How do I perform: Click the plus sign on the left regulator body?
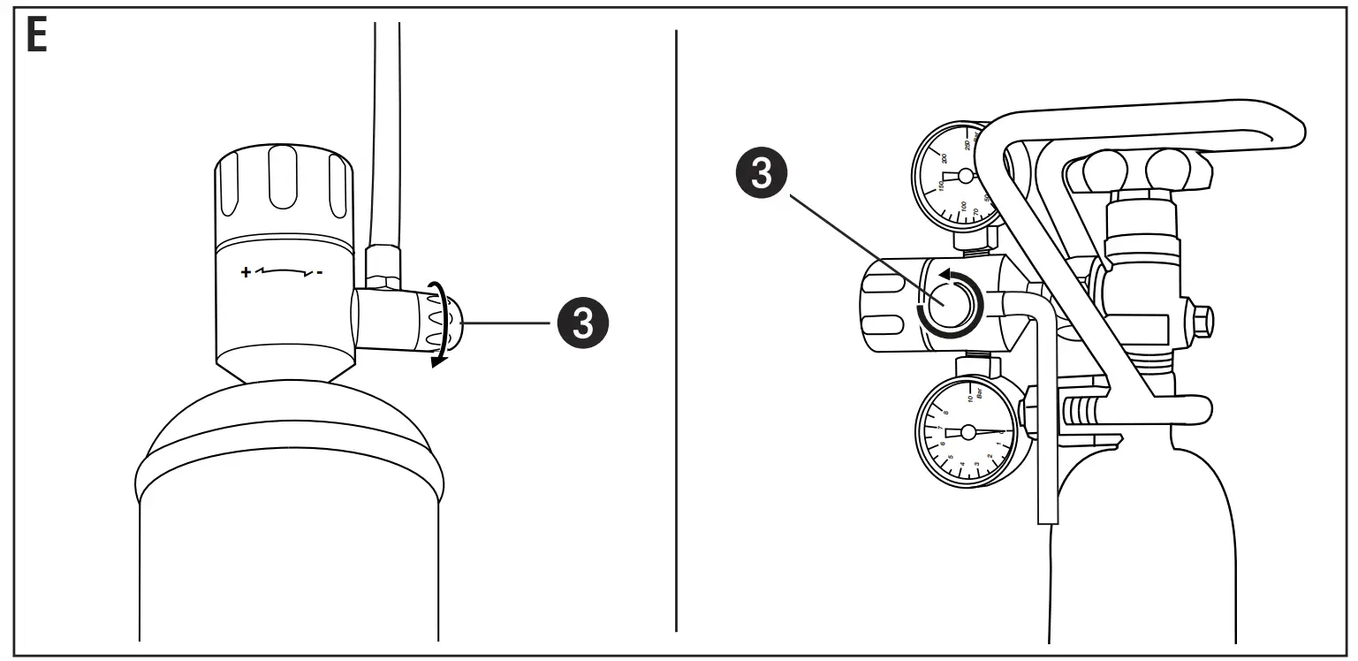246,272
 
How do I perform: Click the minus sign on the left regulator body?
320,272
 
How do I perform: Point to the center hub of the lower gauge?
967,432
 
